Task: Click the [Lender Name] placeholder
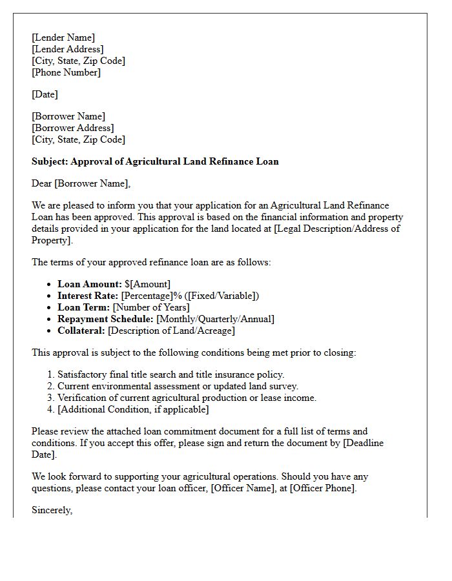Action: click(x=63, y=37)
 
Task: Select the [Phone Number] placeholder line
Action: click(x=66, y=72)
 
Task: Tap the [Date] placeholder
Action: click(x=45, y=94)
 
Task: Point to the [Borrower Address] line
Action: click(x=72, y=128)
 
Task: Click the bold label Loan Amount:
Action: click(x=89, y=284)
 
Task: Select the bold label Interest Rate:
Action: click(x=88, y=296)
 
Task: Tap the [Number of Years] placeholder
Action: click(x=151, y=307)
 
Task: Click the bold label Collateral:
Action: click(x=81, y=331)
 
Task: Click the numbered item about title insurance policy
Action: click(x=170, y=374)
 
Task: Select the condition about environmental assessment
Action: click(x=178, y=386)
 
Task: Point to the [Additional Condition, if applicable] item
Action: click(x=133, y=409)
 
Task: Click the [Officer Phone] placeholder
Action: click(x=322, y=488)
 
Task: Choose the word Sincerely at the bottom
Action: click(x=52, y=510)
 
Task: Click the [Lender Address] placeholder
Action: click(x=67, y=49)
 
